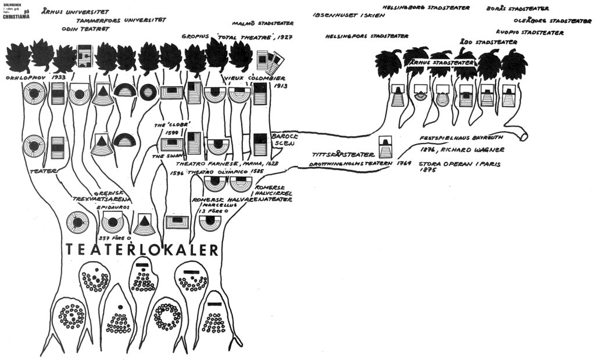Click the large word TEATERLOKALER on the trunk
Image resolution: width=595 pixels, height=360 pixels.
(x=142, y=250)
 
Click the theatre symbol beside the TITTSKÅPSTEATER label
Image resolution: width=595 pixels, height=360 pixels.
(x=385, y=147)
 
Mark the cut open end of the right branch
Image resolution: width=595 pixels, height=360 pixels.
(x=525, y=136)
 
